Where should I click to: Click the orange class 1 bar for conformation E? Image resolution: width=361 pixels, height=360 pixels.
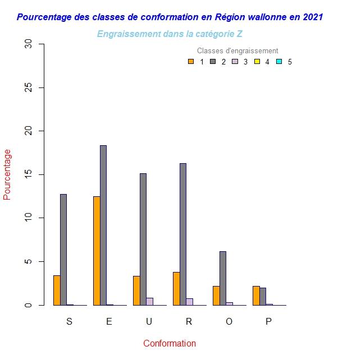(x=97, y=251)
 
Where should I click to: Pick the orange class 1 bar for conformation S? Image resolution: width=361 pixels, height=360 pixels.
(x=57, y=290)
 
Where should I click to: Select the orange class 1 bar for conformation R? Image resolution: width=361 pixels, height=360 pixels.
(x=176, y=289)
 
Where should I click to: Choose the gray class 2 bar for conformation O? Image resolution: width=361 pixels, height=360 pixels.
(x=223, y=278)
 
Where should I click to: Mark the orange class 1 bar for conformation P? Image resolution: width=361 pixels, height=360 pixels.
(x=256, y=296)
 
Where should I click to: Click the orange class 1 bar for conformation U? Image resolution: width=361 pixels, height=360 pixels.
(x=136, y=290)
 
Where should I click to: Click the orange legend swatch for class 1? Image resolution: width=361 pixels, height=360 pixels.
(x=191, y=62)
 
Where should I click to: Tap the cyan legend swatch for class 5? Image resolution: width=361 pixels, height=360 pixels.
(x=279, y=62)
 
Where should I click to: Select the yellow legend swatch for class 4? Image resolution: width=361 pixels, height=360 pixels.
(x=257, y=62)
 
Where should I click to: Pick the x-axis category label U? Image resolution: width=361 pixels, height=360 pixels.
(x=149, y=321)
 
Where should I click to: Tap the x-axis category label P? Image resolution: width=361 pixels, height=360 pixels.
(x=268, y=321)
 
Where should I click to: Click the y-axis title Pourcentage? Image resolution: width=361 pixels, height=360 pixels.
(x=7, y=174)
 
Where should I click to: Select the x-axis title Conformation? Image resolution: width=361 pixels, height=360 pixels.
(x=170, y=343)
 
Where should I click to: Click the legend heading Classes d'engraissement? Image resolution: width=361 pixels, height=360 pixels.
(x=237, y=51)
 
